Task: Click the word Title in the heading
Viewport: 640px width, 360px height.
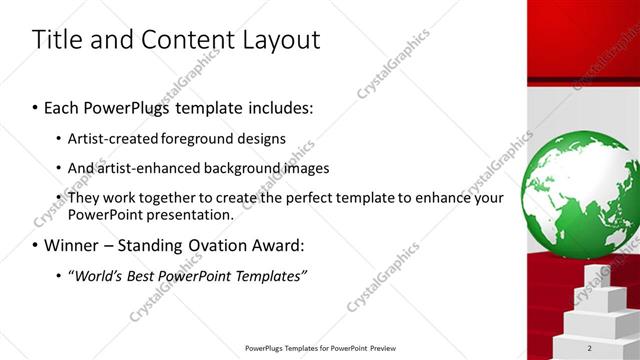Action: [56, 40]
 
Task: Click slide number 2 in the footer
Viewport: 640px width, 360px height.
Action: [590, 348]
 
